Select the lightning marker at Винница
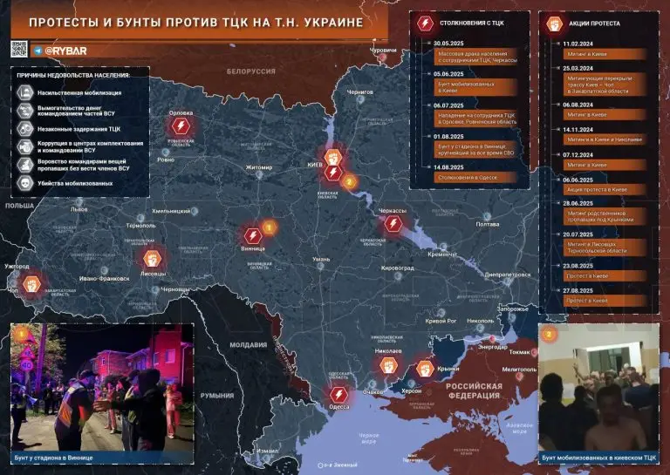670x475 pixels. (253, 234)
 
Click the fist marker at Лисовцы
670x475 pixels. (152, 258)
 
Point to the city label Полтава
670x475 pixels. (487, 224)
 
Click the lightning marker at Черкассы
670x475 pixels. (393, 225)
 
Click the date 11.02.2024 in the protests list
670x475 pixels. (577, 42)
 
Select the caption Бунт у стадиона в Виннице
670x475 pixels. (54, 458)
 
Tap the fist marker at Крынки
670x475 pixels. (425, 369)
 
